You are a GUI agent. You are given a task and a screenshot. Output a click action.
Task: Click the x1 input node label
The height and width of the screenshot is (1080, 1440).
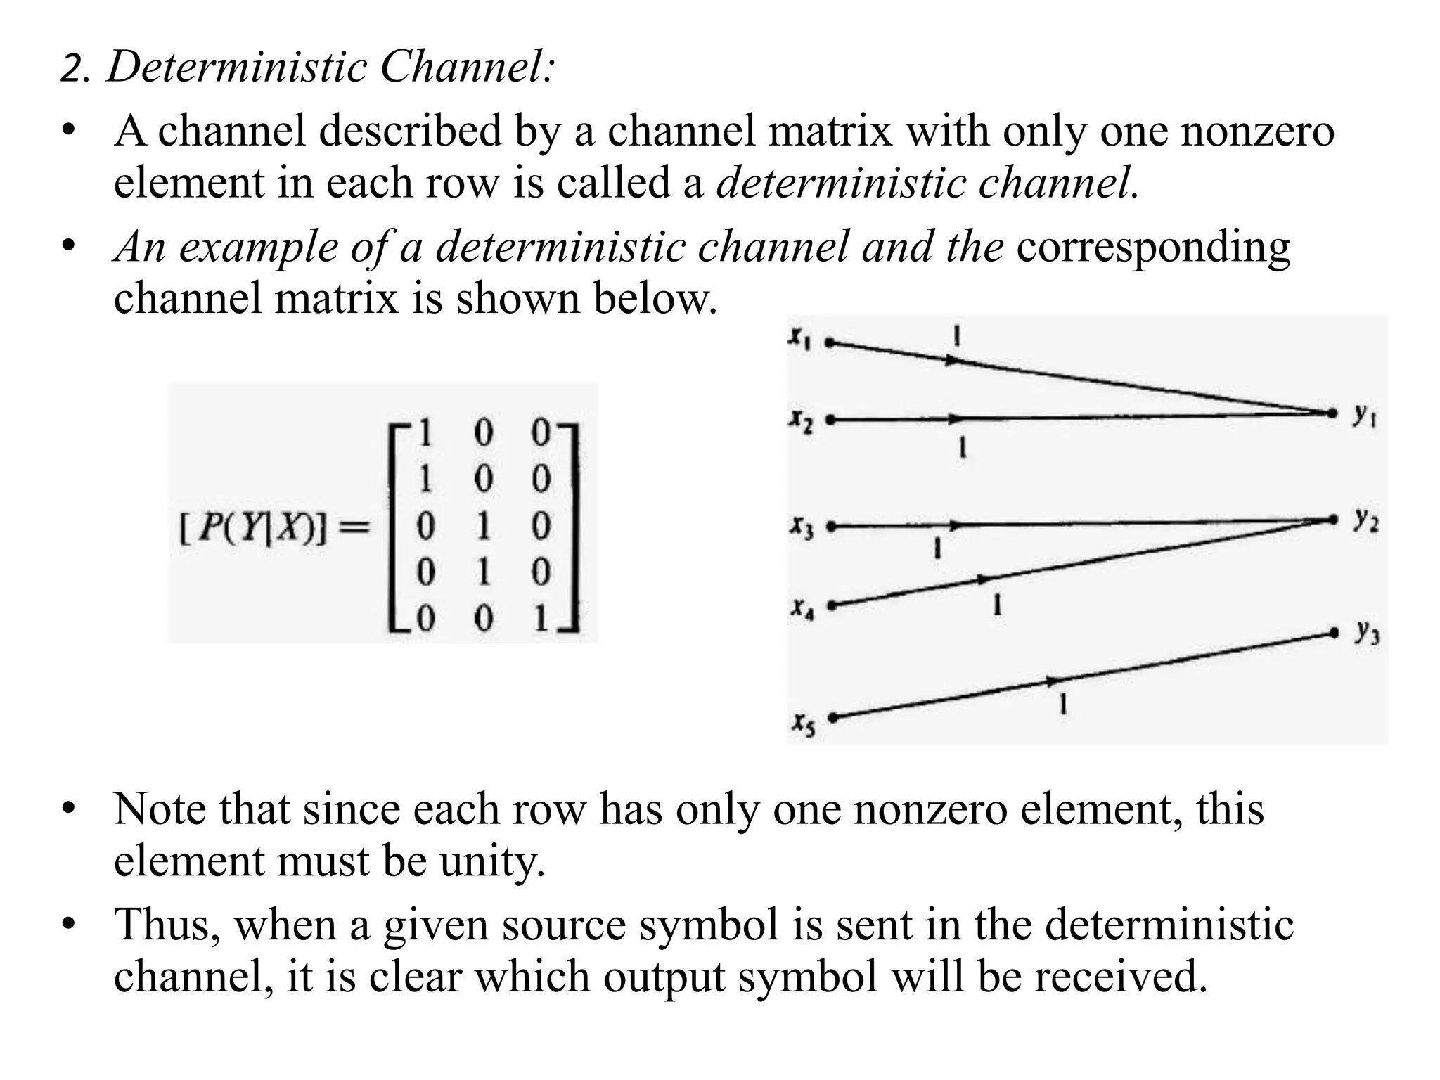point(799,338)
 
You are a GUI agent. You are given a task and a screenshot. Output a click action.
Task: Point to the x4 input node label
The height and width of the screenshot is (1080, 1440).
point(801,608)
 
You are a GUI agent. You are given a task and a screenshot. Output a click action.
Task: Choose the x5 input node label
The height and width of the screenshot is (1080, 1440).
point(803,724)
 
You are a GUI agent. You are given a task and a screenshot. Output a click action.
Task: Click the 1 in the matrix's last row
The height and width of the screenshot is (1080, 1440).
point(541,619)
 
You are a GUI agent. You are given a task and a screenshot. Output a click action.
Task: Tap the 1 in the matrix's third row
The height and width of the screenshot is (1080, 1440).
point(482,526)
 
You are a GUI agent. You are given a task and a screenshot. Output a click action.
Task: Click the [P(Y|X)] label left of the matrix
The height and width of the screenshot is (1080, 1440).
point(253,527)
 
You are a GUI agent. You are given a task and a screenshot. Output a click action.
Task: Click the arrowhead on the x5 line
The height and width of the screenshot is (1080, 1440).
point(1053,681)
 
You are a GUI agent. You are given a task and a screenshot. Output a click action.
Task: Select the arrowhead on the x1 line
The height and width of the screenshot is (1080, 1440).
point(951,361)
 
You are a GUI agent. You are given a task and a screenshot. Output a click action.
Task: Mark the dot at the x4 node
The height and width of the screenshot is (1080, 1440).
point(832,605)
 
